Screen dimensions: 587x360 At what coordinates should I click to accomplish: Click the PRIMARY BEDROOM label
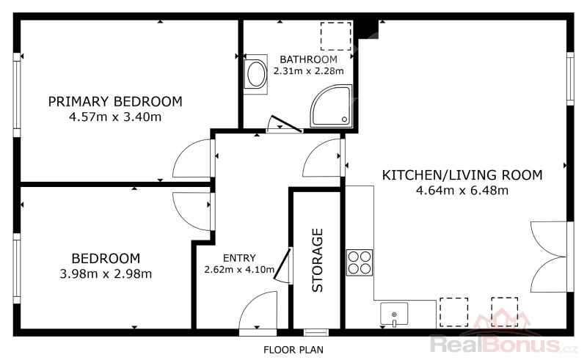[x=115, y=101]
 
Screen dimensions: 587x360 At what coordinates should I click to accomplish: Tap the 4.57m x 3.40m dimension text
[x=115, y=117]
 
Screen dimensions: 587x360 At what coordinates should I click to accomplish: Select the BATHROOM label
[x=308, y=59]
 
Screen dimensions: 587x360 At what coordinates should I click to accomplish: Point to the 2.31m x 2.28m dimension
[x=308, y=70]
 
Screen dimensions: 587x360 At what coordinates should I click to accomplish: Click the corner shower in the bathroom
[x=331, y=106]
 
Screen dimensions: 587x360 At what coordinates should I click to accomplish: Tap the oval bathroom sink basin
[x=256, y=74]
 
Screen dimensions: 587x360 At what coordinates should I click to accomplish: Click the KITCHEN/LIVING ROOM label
[x=462, y=175]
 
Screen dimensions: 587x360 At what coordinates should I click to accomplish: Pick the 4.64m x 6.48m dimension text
[x=462, y=191]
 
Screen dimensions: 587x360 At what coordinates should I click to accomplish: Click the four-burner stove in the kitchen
[x=360, y=262]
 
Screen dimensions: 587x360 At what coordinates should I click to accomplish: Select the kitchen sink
[x=394, y=314]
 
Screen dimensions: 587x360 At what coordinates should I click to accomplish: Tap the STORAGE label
[x=318, y=260]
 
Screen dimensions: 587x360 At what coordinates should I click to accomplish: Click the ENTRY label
[x=239, y=258]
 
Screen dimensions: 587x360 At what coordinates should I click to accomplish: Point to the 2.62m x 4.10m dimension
[x=239, y=269]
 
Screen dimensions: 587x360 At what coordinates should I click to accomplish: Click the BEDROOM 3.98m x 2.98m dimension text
[x=106, y=274]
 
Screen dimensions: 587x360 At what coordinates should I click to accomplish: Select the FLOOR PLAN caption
[x=293, y=350]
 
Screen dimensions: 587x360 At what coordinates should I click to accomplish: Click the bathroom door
[x=287, y=123]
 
